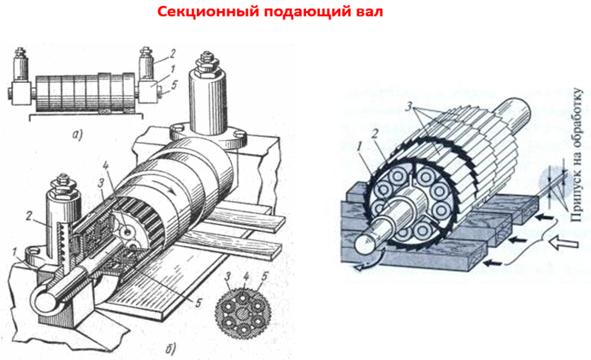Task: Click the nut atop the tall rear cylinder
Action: point(209,62)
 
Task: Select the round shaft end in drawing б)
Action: point(44,298)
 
